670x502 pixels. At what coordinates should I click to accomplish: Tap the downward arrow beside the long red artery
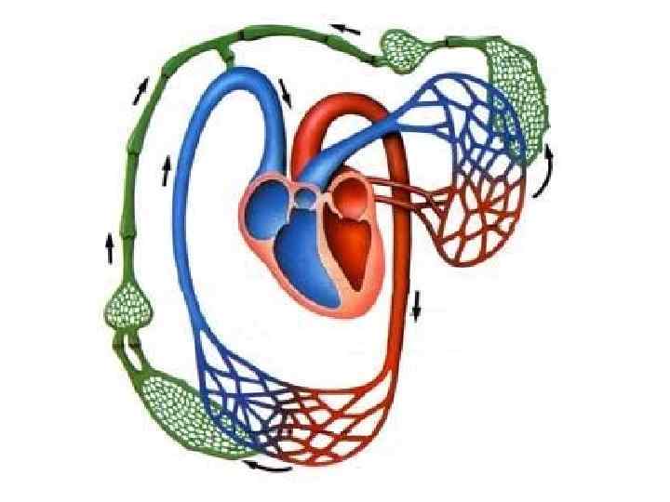[x=417, y=304]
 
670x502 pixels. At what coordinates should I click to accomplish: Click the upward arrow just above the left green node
[x=110, y=247]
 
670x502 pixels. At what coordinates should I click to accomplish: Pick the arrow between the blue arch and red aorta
[x=285, y=90]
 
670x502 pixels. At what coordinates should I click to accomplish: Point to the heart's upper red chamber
[x=353, y=197]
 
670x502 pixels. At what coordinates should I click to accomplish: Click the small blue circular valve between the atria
[x=305, y=196]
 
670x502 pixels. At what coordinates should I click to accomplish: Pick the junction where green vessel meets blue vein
[x=226, y=58]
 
